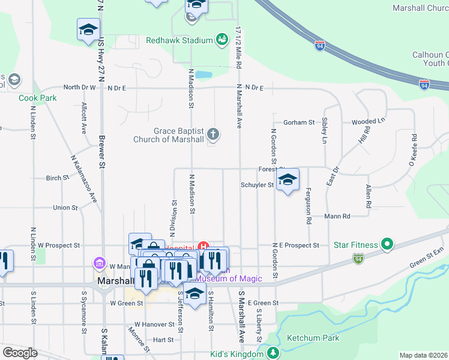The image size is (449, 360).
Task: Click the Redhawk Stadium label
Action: point(179,40)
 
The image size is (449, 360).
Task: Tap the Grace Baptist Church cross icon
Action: point(213,134)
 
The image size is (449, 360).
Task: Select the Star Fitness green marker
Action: point(388,245)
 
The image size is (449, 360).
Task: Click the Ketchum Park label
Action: point(313,338)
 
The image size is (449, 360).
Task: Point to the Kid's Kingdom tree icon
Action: point(274,353)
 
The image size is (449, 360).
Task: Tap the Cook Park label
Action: point(37,98)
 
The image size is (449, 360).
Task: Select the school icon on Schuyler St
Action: point(288,180)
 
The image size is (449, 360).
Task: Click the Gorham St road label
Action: point(299,122)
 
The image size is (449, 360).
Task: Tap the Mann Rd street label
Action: point(337,216)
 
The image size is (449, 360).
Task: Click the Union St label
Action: point(65,208)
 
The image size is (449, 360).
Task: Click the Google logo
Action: point(20,353)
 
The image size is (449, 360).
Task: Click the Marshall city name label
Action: point(115,281)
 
